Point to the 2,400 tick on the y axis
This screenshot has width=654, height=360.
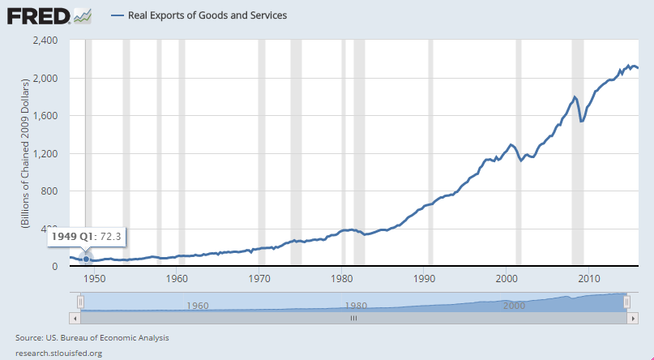click(x=45, y=41)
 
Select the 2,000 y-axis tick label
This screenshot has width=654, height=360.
click(x=45, y=79)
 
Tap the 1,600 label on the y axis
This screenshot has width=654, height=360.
click(x=45, y=116)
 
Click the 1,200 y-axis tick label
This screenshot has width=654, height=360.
click(x=45, y=154)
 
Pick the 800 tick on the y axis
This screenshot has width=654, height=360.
click(x=50, y=191)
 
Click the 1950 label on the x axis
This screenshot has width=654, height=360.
click(x=95, y=278)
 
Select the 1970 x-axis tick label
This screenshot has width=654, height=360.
click(x=259, y=278)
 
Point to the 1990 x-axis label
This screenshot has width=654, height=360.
click(x=424, y=278)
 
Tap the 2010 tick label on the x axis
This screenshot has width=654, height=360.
click(x=588, y=278)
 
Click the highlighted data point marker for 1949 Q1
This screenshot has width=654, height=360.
click(x=87, y=259)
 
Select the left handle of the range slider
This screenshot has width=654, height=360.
click(x=80, y=302)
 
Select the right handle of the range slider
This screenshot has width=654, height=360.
click(x=627, y=302)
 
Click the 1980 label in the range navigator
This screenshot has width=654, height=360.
click(x=354, y=306)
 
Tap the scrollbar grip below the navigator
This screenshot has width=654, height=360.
click(x=353, y=319)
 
